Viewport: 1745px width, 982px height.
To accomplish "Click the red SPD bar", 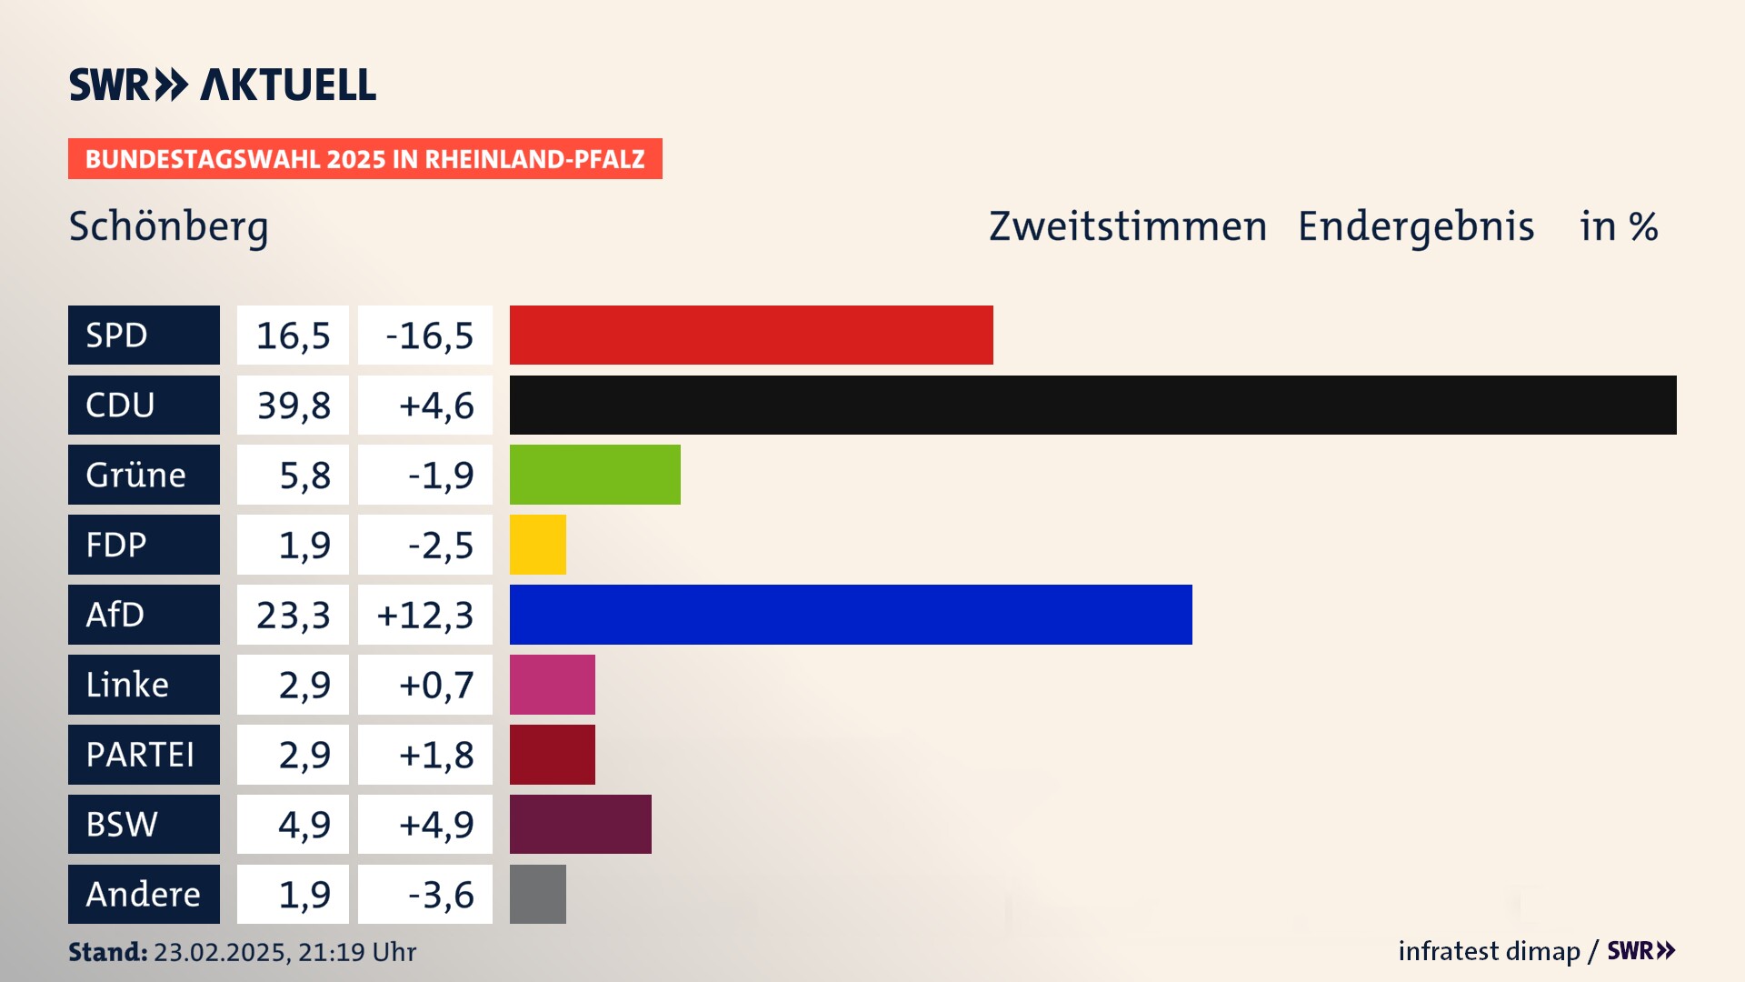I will click(751, 335).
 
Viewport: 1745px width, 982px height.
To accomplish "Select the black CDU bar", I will click(1092, 405).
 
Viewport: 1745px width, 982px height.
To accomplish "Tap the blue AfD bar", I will click(851, 615).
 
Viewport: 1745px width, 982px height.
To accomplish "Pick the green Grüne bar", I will click(594, 475).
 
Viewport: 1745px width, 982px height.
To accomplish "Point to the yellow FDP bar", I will click(537, 545).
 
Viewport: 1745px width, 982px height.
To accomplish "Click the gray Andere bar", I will click(537, 894).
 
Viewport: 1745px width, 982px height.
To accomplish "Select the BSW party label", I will click(144, 824).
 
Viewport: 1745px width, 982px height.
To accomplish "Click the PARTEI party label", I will click(144, 754).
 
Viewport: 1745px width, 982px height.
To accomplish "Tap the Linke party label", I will click(144, 685).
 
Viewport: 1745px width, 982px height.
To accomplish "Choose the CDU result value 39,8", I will click(293, 405).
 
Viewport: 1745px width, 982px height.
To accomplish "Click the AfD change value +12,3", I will click(425, 615).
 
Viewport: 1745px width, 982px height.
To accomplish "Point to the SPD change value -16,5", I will click(425, 335).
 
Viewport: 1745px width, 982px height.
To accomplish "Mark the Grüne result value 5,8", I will click(293, 475).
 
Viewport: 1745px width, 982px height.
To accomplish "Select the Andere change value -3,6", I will click(425, 894).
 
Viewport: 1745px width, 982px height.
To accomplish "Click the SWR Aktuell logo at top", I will click(223, 85).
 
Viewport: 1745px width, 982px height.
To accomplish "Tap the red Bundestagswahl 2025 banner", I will click(364, 159).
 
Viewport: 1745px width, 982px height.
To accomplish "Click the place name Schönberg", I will click(168, 226).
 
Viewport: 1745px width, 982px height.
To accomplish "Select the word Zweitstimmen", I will click(1128, 226).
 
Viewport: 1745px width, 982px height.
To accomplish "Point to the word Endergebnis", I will click(1416, 226).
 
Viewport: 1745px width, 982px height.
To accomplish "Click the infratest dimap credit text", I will click(1489, 951).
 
